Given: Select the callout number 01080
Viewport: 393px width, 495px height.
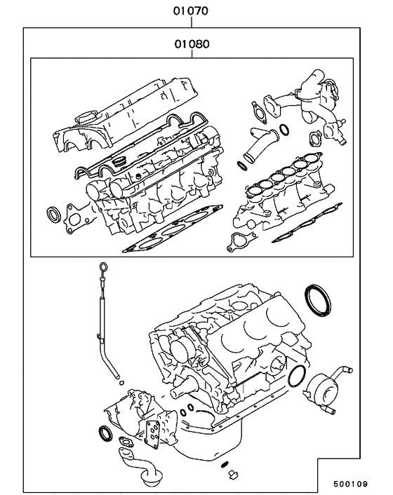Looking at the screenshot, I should pyautogui.click(x=191, y=43).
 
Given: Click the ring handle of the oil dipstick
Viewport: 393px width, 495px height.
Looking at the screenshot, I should pyautogui.click(x=104, y=266).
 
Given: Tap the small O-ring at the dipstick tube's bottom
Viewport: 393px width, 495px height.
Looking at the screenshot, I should pyautogui.click(x=122, y=384).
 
